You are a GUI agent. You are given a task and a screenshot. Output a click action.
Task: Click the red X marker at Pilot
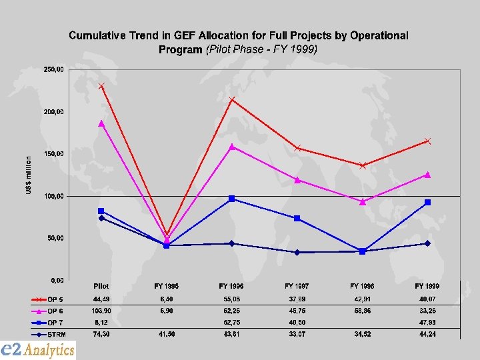[x=101, y=86]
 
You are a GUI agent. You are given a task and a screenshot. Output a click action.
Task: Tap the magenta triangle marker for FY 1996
[x=231, y=147]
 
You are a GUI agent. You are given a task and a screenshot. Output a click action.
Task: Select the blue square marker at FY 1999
[x=427, y=202]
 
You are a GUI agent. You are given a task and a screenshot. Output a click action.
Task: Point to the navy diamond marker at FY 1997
[x=297, y=252]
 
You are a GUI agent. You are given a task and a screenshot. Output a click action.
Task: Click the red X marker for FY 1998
[x=362, y=165]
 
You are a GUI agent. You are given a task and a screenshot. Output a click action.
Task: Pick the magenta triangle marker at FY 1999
[x=427, y=175]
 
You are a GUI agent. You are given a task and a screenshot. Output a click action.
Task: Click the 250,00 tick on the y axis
[x=54, y=69]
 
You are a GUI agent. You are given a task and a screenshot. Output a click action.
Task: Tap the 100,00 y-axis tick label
[x=54, y=196]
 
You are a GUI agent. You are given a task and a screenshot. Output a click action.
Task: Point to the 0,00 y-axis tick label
[x=57, y=280]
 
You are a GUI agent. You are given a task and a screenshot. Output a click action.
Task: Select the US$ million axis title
[x=28, y=176]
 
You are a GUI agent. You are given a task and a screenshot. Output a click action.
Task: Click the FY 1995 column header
[x=166, y=286]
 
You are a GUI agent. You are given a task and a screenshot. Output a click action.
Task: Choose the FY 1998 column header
[x=362, y=286]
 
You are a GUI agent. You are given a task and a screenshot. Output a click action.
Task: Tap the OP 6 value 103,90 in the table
[x=101, y=311]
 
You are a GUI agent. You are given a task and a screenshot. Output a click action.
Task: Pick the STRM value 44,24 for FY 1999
[x=427, y=333]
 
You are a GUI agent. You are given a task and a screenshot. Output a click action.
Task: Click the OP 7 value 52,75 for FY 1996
[x=231, y=322]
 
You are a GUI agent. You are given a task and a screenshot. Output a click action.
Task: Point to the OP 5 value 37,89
[x=297, y=299]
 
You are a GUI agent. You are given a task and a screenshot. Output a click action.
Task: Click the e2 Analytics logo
[x=38, y=349]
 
